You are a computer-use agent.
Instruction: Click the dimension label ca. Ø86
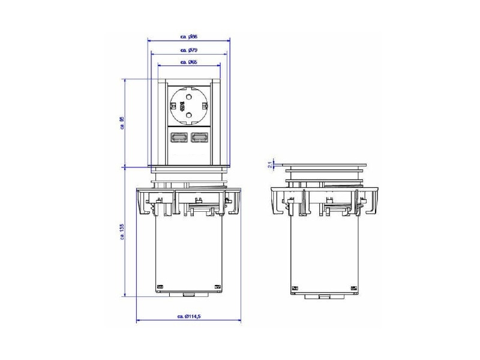[x=189, y=37]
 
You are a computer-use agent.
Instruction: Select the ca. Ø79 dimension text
[x=189, y=50]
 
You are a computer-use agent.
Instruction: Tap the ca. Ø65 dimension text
[x=189, y=62]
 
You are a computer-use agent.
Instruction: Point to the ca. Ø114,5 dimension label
[x=189, y=316]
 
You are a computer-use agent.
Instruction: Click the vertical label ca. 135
[x=122, y=232]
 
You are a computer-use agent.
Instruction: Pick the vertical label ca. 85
[x=122, y=123]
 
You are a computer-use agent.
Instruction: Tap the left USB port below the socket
[x=179, y=138]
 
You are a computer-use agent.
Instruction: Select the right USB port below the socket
[x=199, y=138]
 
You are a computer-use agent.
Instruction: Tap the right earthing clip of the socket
[x=206, y=105]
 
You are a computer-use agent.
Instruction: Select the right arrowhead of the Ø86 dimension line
[x=228, y=41]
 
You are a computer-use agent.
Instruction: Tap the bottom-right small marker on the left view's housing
[x=218, y=286]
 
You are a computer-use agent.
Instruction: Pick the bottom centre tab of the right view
[x=324, y=296]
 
